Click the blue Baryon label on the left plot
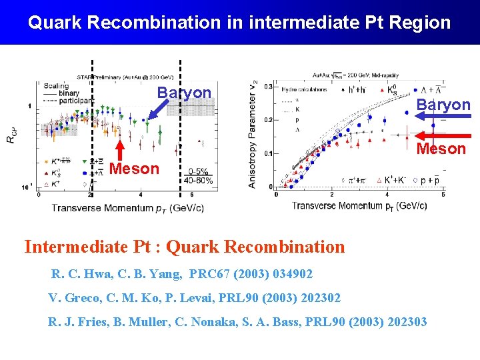tap(184, 93)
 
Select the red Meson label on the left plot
tap(134, 169)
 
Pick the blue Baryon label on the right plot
tap(443, 105)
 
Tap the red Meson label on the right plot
tap(441, 149)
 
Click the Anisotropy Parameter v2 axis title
tap(253, 133)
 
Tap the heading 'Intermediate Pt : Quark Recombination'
tap(185, 247)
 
